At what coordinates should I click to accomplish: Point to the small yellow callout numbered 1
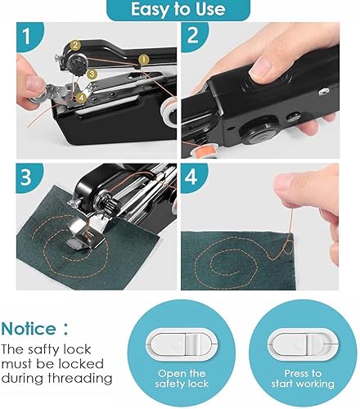tap(144, 59)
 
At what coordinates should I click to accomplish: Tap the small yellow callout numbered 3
tap(92, 74)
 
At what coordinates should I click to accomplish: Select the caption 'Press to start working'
tap(294, 380)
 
